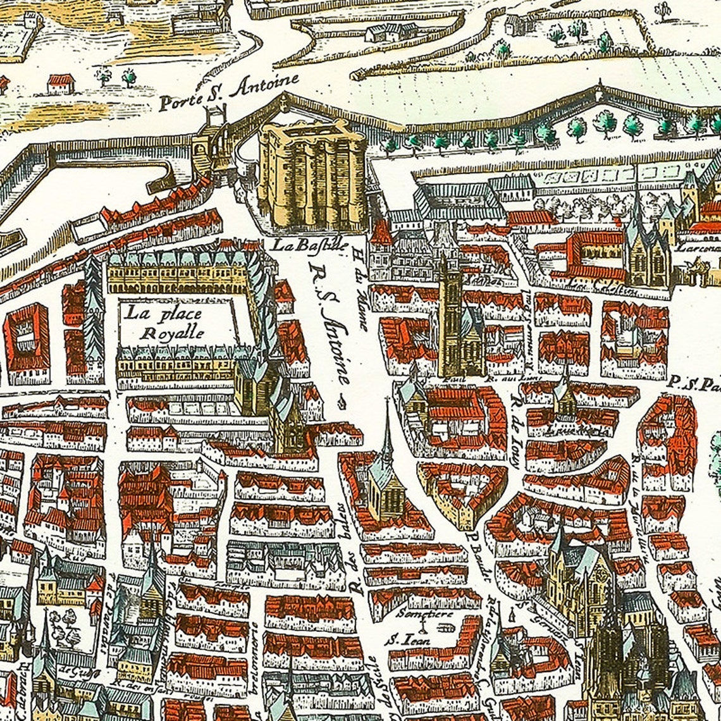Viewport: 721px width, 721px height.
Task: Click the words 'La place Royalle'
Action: tap(164, 322)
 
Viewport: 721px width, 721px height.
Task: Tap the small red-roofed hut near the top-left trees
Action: tap(61, 82)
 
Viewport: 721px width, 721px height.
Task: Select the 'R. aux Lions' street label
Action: tap(500, 379)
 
